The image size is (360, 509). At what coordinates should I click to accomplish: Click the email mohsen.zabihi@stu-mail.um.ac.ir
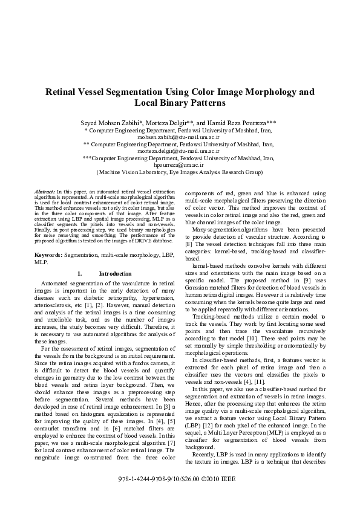[x=180, y=137]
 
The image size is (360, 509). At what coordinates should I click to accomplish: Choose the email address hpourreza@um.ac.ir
[x=180, y=164]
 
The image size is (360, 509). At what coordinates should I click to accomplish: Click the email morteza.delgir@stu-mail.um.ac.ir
[x=180, y=151]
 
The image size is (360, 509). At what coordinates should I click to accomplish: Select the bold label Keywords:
[x=48, y=256]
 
